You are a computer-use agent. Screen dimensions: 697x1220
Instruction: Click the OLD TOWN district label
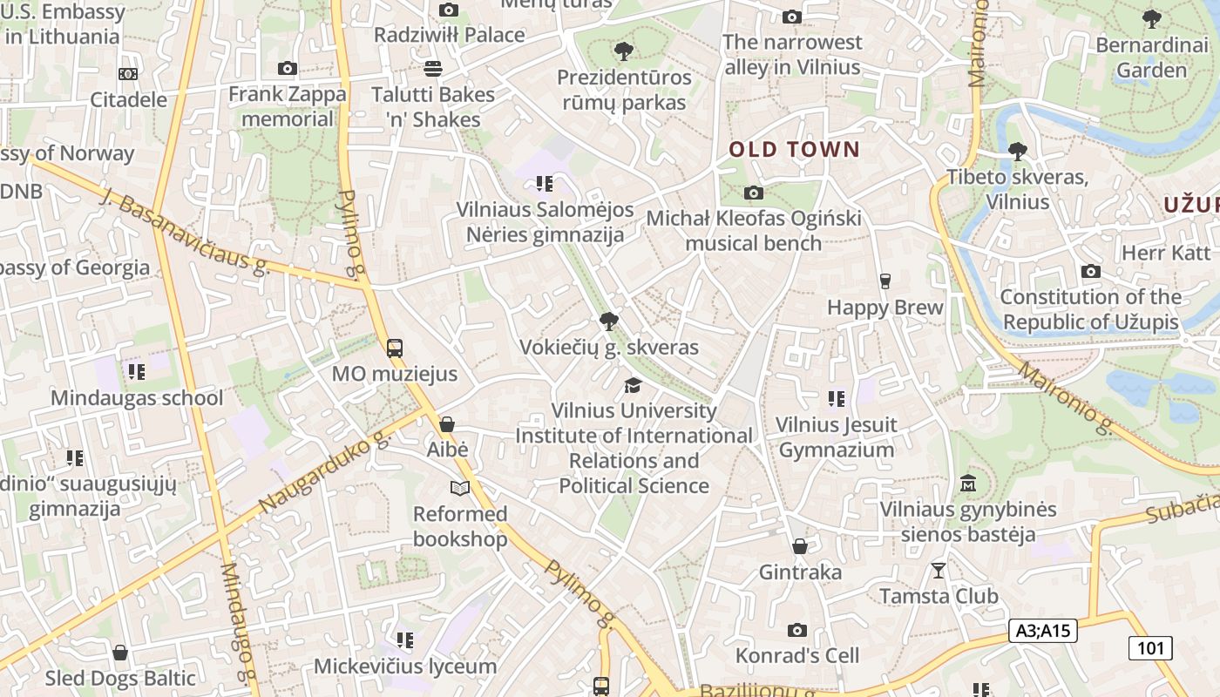[794, 149]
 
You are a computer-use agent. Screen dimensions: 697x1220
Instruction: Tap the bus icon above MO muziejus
[394, 348]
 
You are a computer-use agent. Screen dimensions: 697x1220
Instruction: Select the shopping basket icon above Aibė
[447, 424]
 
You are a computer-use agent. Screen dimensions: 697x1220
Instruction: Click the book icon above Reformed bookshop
[459, 488]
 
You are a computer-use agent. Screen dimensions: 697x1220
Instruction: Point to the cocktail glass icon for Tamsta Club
[938, 571]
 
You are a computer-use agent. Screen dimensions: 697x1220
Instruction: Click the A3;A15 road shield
[1042, 631]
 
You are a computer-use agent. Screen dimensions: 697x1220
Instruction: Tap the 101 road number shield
[1150, 647]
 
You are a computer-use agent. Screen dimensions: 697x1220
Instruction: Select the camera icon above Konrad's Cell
[796, 630]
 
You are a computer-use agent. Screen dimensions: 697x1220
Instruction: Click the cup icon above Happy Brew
[885, 281]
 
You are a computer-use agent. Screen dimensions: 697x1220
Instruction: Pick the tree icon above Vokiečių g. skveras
[608, 321]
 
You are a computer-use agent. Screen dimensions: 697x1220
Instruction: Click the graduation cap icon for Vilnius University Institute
[633, 385]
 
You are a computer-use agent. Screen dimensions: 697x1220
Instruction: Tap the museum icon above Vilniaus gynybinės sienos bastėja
[967, 483]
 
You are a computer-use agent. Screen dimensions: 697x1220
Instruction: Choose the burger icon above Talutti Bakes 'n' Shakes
[433, 68]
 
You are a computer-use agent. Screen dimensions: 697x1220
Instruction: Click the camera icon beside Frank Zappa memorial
[287, 68]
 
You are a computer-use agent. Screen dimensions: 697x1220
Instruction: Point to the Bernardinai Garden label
[1152, 57]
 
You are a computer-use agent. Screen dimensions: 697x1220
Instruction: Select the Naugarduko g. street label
[322, 471]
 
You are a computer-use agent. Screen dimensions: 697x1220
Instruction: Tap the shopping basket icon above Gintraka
[799, 546]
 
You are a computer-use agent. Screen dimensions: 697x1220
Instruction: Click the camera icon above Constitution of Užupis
[1090, 272]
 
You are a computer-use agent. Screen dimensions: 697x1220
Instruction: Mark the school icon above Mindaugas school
[136, 372]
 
